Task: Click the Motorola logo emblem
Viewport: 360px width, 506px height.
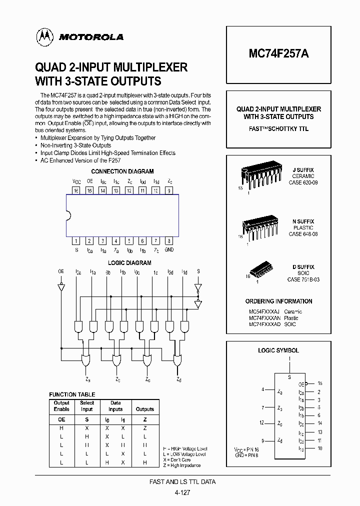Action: (44, 36)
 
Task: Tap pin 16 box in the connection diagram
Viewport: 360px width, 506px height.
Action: (76, 191)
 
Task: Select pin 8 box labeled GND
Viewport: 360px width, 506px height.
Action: (169, 240)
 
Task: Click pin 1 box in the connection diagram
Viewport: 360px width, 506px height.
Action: (76, 240)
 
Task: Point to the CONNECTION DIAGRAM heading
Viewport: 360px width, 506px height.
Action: (122, 171)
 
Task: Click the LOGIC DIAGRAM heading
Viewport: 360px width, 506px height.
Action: (129, 263)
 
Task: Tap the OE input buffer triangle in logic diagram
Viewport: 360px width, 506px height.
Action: (61, 288)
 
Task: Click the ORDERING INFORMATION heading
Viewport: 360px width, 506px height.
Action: (278, 301)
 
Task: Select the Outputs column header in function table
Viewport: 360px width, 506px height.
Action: (145, 409)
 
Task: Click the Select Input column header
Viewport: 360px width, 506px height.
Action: (87, 405)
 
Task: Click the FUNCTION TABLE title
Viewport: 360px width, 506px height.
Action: (72, 394)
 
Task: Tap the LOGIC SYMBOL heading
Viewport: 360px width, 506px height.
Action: (278, 351)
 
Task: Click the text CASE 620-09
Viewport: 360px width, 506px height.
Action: (303, 182)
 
